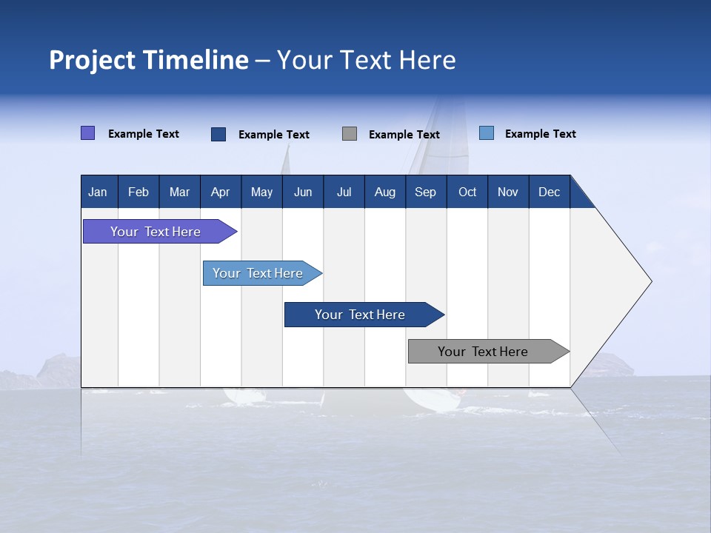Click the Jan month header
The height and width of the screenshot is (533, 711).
(98, 192)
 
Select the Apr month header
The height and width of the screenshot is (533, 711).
(220, 192)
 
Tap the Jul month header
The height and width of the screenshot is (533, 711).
(344, 192)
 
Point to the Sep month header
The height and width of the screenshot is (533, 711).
(425, 192)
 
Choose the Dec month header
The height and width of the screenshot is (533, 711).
(549, 192)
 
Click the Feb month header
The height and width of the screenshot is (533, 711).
(138, 192)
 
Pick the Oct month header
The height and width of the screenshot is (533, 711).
(467, 192)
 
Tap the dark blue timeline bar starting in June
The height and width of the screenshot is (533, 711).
(361, 315)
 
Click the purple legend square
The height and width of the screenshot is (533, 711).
(88, 133)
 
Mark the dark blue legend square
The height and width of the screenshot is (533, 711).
(218, 134)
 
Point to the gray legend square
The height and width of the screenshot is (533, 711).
(350, 134)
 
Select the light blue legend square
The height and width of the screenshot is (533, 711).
(487, 133)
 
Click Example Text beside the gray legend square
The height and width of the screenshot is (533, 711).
(404, 135)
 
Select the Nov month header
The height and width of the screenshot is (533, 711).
(508, 192)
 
